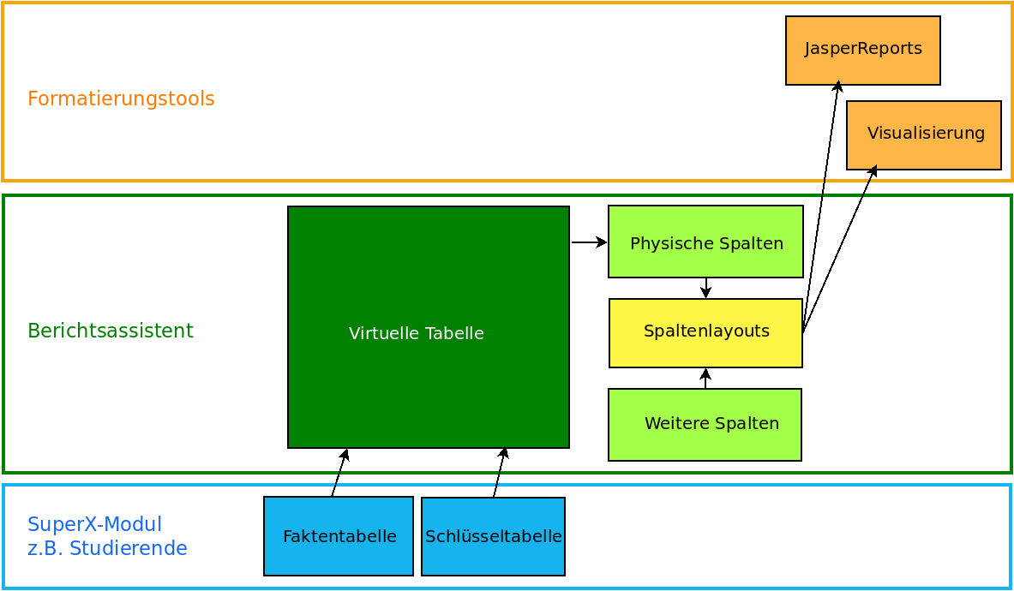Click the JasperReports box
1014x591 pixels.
coord(862,50)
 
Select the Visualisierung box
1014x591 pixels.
coord(924,135)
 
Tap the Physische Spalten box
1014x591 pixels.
coord(705,242)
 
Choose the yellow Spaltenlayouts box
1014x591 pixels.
coord(705,333)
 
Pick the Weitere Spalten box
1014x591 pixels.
coord(705,425)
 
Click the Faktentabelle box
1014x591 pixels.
coord(339,536)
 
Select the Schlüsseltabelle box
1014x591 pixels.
coord(493,536)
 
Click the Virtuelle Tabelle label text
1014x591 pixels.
coord(417,333)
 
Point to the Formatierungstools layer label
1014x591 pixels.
coord(121,98)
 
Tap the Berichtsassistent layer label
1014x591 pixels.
coord(111,331)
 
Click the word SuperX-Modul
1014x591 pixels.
coord(94,523)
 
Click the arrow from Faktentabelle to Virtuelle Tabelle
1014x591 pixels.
coord(339,473)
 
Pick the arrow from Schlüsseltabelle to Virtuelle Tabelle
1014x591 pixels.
coord(500,472)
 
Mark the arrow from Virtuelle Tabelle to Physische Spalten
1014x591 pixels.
coord(589,242)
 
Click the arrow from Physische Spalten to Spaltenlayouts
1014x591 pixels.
coord(705,288)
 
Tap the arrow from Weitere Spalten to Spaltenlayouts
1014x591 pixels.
coord(705,379)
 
